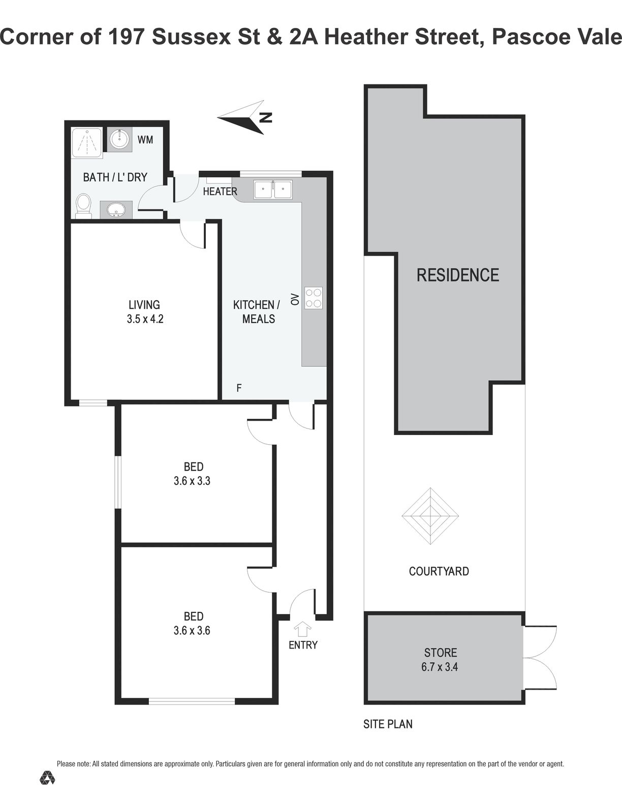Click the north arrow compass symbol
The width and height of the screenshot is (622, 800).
(x=245, y=117)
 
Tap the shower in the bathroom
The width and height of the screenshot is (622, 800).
(x=86, y=143)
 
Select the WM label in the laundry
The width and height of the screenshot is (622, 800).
(x=145, y=140)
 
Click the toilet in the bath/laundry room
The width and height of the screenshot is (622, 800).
(x=83, y=206)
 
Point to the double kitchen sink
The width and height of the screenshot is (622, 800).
(x=273, y=190)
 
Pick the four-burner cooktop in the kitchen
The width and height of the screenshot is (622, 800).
(x=313, y=297)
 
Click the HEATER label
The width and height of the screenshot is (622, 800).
(x=220, y=192)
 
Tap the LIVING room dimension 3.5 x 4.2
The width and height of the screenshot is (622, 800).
(x=145, y=319)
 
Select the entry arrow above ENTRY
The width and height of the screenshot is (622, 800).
(x=302, y=629)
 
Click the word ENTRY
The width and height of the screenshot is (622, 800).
(x=303, y=644)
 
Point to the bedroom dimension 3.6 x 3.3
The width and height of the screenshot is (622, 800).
(x=192, y=480)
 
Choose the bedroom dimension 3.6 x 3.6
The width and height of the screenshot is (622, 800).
(x=192, y=630)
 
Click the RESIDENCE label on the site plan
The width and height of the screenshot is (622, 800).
(x=458, y=275)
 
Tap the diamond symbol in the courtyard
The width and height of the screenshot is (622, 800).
(x=430, y=516)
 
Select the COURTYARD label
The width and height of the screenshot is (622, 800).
(x=439, y=571)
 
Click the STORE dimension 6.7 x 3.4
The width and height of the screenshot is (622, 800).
(x=440, y=667)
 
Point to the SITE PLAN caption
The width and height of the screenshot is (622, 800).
(x=388, y=724)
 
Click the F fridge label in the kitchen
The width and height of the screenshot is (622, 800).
(x=239, y=388)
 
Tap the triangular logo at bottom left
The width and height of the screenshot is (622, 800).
(x=47, y=777)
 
